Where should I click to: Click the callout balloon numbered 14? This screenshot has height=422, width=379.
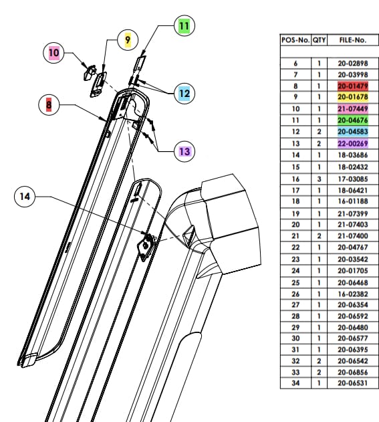[25, 197]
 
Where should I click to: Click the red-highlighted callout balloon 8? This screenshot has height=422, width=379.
[49, 104]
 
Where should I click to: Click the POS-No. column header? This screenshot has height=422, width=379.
[295, 40]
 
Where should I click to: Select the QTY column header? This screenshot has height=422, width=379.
[320, 40]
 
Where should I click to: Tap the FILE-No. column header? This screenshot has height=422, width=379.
[352, 40]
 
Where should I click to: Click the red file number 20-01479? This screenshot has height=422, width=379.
[352, 86]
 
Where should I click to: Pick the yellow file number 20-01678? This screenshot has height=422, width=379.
[352, 98]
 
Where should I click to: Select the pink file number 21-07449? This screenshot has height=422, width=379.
[352, 109]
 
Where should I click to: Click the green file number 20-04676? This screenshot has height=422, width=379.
[352, 120]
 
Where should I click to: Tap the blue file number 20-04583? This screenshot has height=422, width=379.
[352, 132]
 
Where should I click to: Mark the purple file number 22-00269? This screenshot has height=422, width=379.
[352, 143]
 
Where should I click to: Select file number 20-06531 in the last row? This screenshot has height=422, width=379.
[352, 383]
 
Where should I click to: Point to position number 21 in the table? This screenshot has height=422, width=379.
[295, 236]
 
